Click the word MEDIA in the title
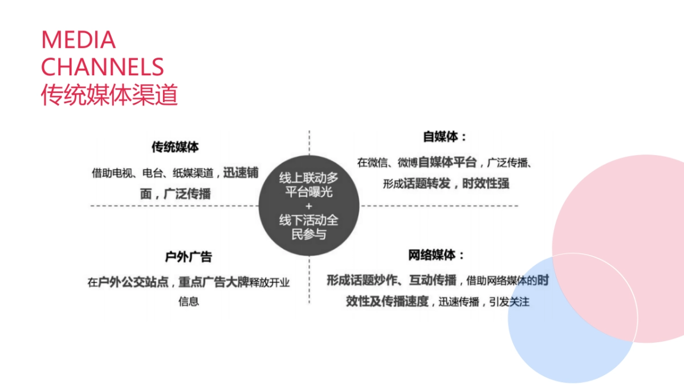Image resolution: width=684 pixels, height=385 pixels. (x=78, y=40)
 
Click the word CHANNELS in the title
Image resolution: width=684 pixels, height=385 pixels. (x=103, y=67)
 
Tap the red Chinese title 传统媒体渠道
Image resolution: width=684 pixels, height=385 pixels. (x=109, y=95)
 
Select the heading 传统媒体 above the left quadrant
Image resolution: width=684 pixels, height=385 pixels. (x=175, y=147)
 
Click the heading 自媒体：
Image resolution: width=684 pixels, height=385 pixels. (x=445, y=137)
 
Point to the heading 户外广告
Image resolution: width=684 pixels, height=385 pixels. (x=188, y=257)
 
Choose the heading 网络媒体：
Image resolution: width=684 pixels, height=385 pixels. (x=436, y=255)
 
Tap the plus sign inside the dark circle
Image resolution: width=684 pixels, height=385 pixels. (x=308, y=206)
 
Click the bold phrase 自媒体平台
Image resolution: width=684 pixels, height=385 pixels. (x=447, y=162)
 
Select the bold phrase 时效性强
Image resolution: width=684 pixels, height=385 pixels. (x=485, y=184)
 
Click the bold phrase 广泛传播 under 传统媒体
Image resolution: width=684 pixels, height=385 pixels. (x=187, y=193)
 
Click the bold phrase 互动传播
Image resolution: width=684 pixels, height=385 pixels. (x=433, y=279)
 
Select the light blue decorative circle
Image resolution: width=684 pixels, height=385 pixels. (x=547, y=342)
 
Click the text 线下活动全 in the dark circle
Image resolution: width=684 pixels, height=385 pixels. (x=308, y=220)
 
